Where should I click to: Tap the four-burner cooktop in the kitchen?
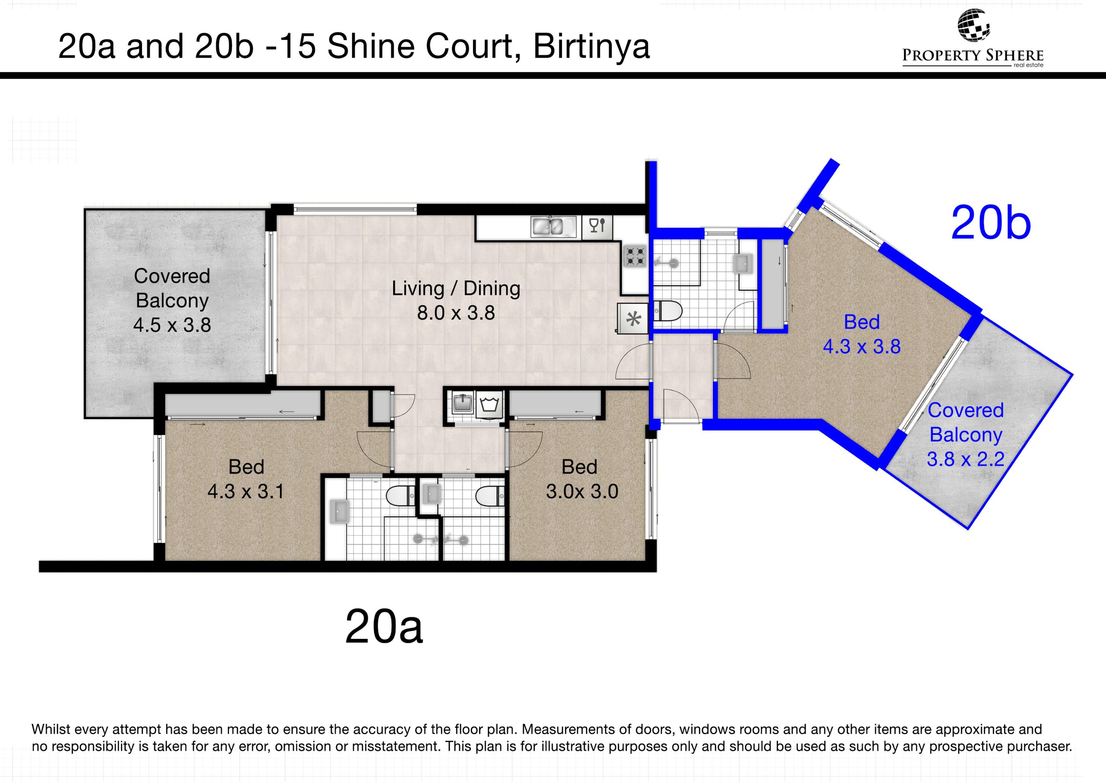point(635,256)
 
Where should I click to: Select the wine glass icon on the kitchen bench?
point(597,226)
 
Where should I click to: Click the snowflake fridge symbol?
point(633,318)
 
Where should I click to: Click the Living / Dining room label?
point(456,288)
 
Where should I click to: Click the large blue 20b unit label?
point(991,223)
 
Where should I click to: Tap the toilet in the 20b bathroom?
point(667,311)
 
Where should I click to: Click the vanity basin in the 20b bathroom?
point(741,263)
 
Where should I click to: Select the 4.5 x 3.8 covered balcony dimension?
point(172,325)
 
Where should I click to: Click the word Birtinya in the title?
point(591,47)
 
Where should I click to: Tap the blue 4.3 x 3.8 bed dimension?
point(862,347)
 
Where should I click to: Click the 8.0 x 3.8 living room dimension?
point(456,313)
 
